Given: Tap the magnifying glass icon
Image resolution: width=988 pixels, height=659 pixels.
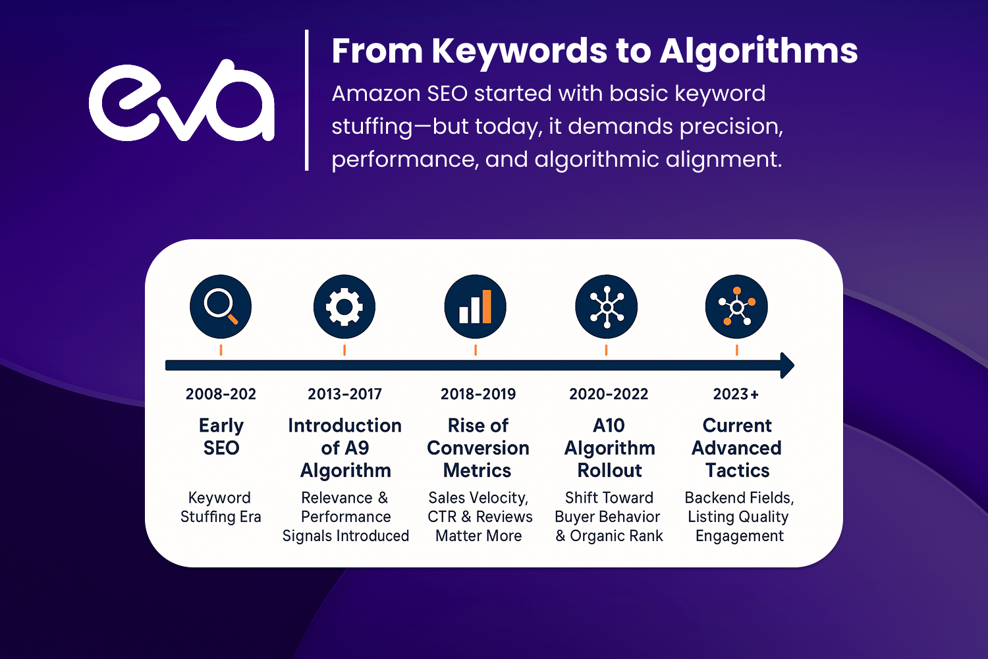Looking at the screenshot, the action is click(x=221, y=307).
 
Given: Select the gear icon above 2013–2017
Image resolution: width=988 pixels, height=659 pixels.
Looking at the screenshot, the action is click(x=344, y=307).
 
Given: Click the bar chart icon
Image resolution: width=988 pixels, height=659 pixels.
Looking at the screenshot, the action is click(x=475, y=307).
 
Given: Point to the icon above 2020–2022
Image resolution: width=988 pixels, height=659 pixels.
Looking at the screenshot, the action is click(x=607, y=307).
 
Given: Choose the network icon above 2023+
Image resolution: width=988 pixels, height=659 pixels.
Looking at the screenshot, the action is click(x=736, y=307).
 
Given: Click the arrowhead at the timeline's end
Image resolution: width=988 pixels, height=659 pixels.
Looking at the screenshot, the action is click(x=787, y=366).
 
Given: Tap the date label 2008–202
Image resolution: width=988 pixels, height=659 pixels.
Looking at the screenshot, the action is click(x=221, y=393).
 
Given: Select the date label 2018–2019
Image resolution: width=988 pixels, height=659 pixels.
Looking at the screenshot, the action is click(x=478, y=393).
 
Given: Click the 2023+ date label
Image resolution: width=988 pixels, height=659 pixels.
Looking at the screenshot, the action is click(x=736, y=393).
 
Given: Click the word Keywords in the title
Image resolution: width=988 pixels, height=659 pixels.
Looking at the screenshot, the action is click(x=519, y=51).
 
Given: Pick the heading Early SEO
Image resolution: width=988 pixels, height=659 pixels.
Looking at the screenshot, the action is click(x=221, y=436).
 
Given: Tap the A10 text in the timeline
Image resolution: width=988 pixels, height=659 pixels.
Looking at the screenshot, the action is click(x=609, y=426).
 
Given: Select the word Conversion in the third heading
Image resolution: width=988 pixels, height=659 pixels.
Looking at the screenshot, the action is click(x=478, y=448).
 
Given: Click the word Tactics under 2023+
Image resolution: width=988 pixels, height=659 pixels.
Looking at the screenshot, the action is click(x=738, y=471).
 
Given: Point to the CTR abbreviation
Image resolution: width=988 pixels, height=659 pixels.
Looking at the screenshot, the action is click(x=442, y=517).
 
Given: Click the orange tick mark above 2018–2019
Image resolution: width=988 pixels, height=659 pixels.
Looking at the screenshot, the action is click(x=476, y=350).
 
